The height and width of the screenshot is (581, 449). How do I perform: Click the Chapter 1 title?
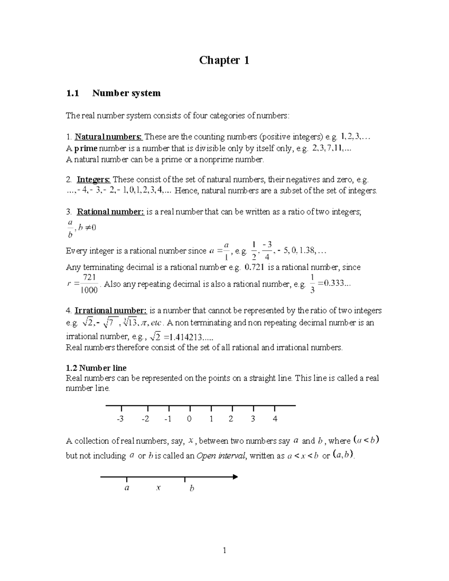(224, 60)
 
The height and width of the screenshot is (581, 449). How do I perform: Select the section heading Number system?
(126, 93)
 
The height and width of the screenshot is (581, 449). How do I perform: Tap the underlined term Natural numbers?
(109, 137)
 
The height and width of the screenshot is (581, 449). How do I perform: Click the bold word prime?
(86, 148)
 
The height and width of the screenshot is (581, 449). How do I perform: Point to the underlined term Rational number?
(110, 212)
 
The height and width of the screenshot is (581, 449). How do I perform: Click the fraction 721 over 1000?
(89, 284)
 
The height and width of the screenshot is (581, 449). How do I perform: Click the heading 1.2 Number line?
(96, 368)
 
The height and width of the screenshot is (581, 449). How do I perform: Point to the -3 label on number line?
(120, 419)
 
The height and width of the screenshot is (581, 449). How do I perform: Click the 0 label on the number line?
(189, 419)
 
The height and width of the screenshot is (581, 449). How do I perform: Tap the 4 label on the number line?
(275, 419)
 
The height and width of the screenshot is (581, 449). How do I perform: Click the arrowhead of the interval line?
(235, 477)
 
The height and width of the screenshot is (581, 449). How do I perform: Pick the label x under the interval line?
(159, 488)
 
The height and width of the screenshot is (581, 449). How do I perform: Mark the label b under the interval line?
(192, 488)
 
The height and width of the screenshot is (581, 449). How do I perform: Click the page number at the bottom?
(224, 550)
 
